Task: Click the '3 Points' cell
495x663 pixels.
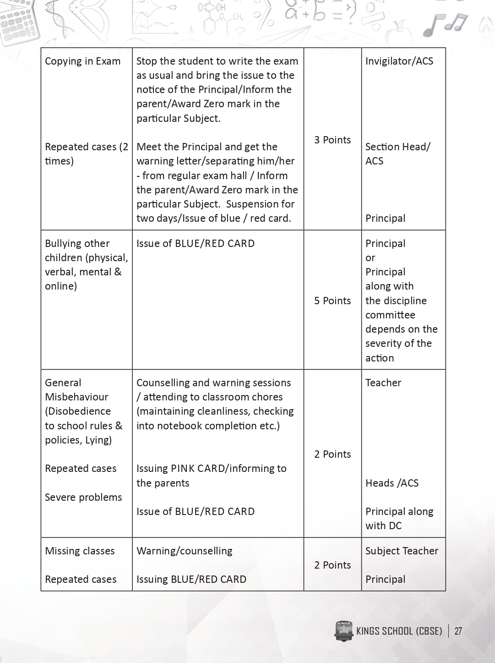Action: coord(332,140)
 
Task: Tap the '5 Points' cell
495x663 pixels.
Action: coord(332,301)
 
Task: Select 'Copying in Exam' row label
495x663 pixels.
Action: coord(83,61)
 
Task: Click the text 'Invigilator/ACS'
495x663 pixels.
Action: coord(399,61)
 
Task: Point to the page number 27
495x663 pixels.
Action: coord(458,631)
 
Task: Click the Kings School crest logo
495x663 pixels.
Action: coord(343,631)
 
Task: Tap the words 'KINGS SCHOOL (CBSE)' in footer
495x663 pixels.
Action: coord(399,631)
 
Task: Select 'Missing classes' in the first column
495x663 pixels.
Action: coord(80,551)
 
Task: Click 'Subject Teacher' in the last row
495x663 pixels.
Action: coord(402,551)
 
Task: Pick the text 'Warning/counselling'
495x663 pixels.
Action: coord(185,551)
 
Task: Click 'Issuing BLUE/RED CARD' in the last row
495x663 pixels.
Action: coord(191,579)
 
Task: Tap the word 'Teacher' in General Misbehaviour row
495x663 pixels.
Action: coord(383,383)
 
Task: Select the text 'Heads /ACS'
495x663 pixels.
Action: coord(392,483)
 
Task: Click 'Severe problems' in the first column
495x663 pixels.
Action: coord(83,497)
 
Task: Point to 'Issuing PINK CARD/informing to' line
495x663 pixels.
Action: coord(212,468)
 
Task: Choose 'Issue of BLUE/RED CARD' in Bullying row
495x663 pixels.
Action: coord(196,243)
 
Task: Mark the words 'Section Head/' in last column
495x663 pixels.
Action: coord(398,147)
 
